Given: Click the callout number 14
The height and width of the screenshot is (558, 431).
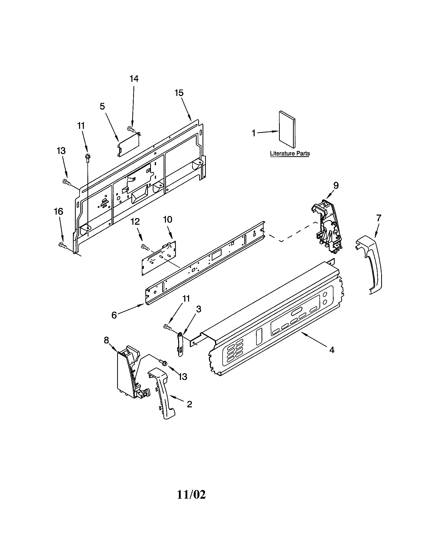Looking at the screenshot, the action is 134,79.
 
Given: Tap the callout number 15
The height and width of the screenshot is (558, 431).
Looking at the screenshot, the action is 179,93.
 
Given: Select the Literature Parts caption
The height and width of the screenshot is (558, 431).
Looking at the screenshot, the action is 290,153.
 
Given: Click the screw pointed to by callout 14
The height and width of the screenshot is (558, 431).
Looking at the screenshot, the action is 130,129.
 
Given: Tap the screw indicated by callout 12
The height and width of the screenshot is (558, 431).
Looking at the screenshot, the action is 145,247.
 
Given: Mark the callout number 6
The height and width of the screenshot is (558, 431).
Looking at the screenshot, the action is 114,315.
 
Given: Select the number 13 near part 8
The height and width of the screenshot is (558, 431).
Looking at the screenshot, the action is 182,377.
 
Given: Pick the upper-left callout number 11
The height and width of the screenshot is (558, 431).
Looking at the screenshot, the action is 81,126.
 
